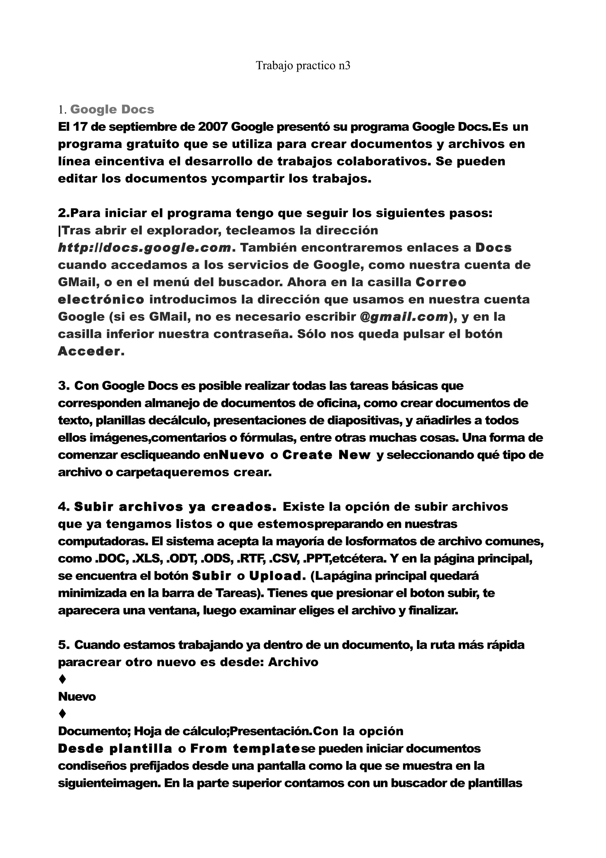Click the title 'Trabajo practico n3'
(x=303, y=66)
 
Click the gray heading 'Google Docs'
(x=112, y=110)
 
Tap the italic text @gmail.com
(x=404, y=317)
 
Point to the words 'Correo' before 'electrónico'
(x=441, y=282)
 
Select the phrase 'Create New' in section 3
(x=326, y=455)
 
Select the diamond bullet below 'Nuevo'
(x=63, y=714)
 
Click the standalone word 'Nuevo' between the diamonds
(x=77, y=697)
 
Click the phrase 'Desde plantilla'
(x=115, y=749)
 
